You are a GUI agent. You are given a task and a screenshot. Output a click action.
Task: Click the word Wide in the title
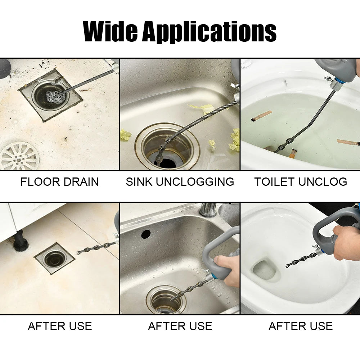point(110,31)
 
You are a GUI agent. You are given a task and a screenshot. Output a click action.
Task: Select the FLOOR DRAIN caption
point(59,182)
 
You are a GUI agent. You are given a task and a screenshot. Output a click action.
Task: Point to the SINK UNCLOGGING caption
point(180,182)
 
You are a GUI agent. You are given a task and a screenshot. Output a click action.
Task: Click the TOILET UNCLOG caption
point(301,182)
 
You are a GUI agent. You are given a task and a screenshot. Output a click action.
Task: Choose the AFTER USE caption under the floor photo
point(60,326)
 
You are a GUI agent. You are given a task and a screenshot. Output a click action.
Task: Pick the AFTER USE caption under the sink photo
point(180,326)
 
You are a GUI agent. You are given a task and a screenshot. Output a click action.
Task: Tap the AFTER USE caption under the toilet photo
point(301,326)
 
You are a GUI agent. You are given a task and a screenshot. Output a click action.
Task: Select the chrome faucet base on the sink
point(208,210)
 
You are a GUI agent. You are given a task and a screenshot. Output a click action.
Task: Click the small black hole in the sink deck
point(146,234)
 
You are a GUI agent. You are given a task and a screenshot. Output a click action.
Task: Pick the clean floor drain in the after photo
point(54,258)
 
